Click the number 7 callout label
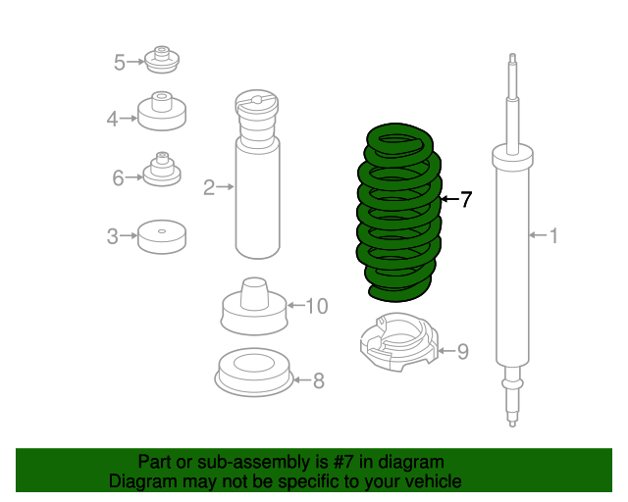[466, 200]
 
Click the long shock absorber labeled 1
[511, 255]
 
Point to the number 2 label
[209, 187]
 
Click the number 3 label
[113, 236]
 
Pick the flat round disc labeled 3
[162, 236]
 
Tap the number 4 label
[113, 120]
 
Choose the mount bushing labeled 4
[162, 112]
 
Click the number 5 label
[119, 63]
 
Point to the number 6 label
[118, 177]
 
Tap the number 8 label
[318, 380]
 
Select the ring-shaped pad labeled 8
[252, 374]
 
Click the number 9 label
[463, 351]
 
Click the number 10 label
[316, 306]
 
